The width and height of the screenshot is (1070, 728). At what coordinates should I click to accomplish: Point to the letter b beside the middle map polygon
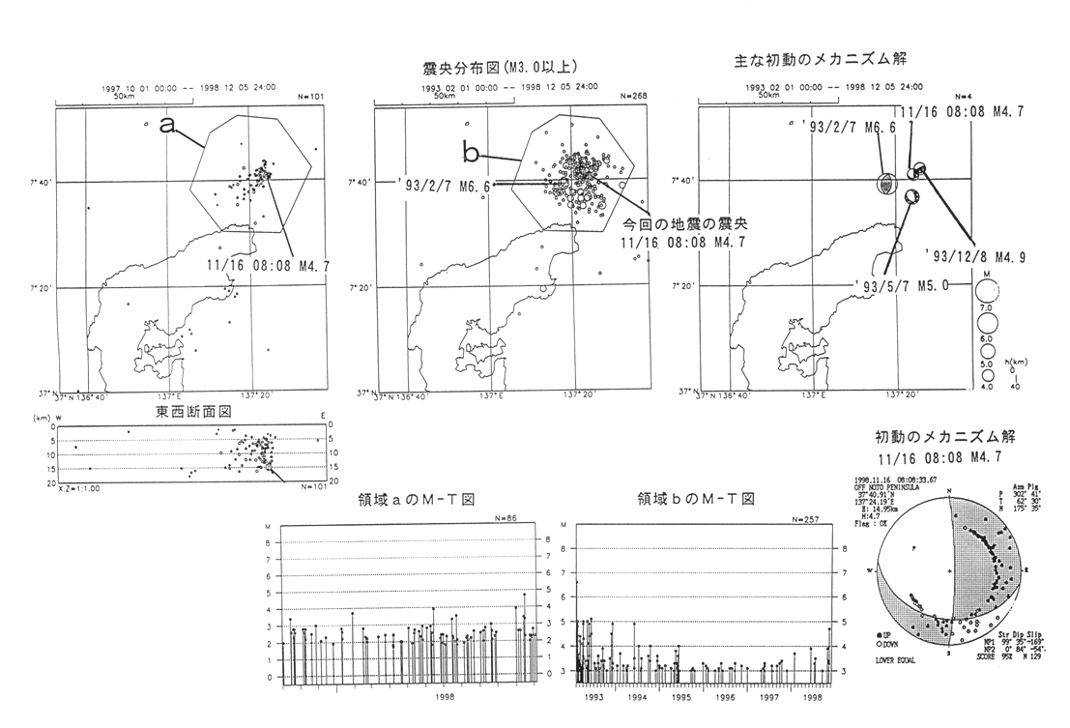(470, 153)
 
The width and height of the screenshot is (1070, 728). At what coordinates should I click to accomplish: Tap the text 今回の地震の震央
(674, 222)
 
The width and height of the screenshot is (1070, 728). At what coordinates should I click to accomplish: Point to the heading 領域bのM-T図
(696, 499)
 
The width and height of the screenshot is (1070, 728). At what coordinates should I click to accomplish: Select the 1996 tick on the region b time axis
(726, 694)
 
